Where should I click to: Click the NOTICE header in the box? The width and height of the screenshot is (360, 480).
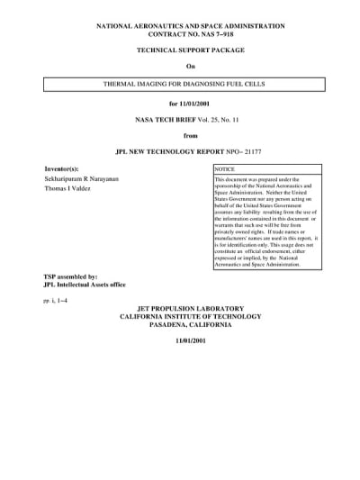click(225, 168)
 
